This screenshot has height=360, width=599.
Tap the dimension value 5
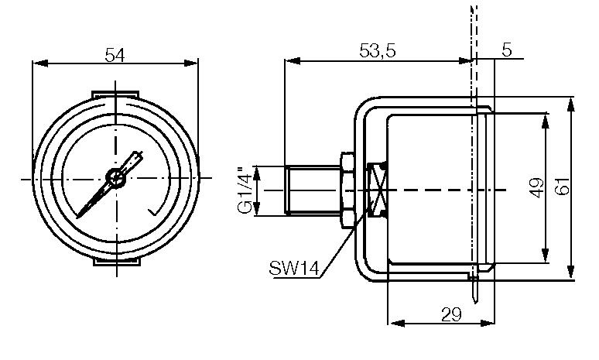(507, 50)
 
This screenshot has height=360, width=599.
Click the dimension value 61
(563, 187)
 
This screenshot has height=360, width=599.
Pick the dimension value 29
(450, 315)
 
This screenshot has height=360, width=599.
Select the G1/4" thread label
(244, 190)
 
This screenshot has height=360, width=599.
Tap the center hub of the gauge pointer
(116, 178)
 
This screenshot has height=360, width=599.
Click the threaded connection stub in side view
(312, 190)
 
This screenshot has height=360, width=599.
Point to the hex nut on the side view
(347, 190)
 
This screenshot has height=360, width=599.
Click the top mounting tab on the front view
(116, 94)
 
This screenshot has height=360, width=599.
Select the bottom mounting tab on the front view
(116, 263)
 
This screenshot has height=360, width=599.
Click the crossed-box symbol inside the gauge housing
(378, 190)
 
